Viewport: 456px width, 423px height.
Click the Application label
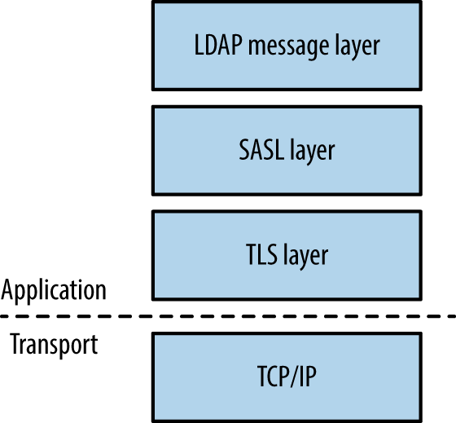point(54,290)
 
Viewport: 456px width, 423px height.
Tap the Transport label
point(54,344)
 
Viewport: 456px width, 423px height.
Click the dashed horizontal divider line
point(228,316)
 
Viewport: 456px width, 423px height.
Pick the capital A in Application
point(9,289)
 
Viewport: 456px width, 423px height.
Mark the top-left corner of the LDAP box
point(153,2)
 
